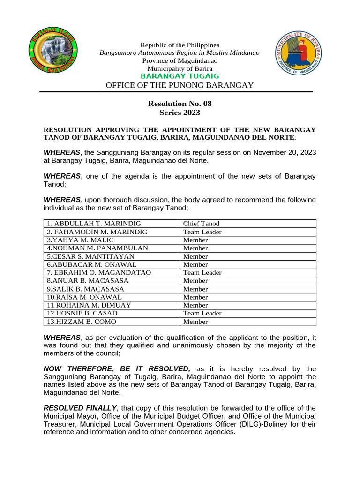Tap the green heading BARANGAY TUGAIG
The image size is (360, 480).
coord(180,76)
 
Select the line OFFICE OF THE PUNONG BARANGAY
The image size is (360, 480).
coord(180,85)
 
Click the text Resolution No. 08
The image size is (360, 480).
coord(180,104)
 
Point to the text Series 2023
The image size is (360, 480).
coord(180,112)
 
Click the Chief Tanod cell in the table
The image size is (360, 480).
coord(201,224)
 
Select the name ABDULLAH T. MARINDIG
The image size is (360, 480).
coord(94,224)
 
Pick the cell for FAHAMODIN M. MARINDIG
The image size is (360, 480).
coord(97,232)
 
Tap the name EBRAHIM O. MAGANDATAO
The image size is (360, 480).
coord(99,273)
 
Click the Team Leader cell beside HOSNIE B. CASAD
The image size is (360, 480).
coord(202,313)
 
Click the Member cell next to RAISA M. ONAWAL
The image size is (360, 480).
coord(195,297)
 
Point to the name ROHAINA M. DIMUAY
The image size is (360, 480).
coord(89,305)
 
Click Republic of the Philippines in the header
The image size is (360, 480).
coord(180,45)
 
